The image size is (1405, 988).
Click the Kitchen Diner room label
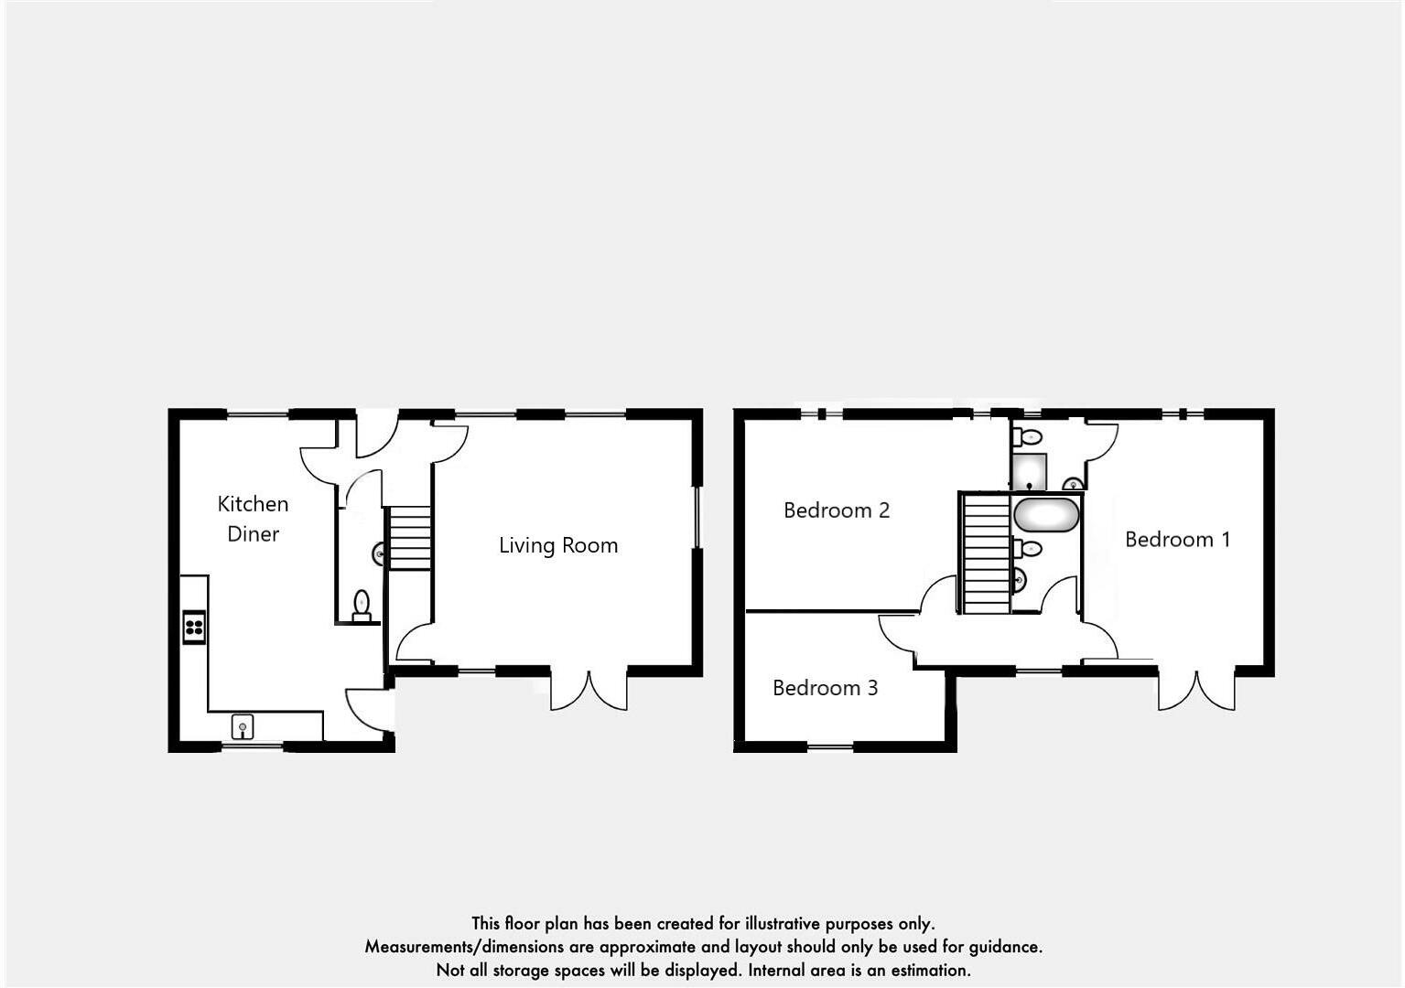tap(253, 519)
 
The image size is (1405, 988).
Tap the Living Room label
tap(558, 545)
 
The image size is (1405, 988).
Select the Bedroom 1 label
tap(1177, 539)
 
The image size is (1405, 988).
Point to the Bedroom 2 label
tap(837, 510)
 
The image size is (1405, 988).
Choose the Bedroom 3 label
tap(825, 688)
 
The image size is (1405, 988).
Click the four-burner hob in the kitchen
tap(194, 627)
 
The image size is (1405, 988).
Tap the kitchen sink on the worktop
tap(243, 727)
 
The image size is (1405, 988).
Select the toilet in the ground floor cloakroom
tap(362, 606)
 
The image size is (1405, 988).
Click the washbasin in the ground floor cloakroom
tap(378, 553)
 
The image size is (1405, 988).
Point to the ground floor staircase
tap(410, 539)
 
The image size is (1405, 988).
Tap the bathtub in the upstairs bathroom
tap(1046, 515)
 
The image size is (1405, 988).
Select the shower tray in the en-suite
tap(1029, 472)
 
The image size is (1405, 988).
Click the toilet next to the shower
tap(1027, 436)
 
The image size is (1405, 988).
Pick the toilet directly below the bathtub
tap(1027, 549)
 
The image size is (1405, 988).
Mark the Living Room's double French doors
tap(589, 691)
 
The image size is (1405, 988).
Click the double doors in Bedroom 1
tap(1196, 691)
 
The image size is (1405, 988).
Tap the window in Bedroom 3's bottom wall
tap(830, 746)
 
